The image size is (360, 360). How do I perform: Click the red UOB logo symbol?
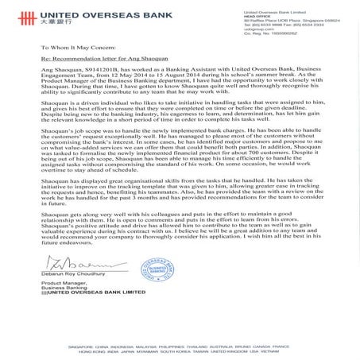pos(14,13)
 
